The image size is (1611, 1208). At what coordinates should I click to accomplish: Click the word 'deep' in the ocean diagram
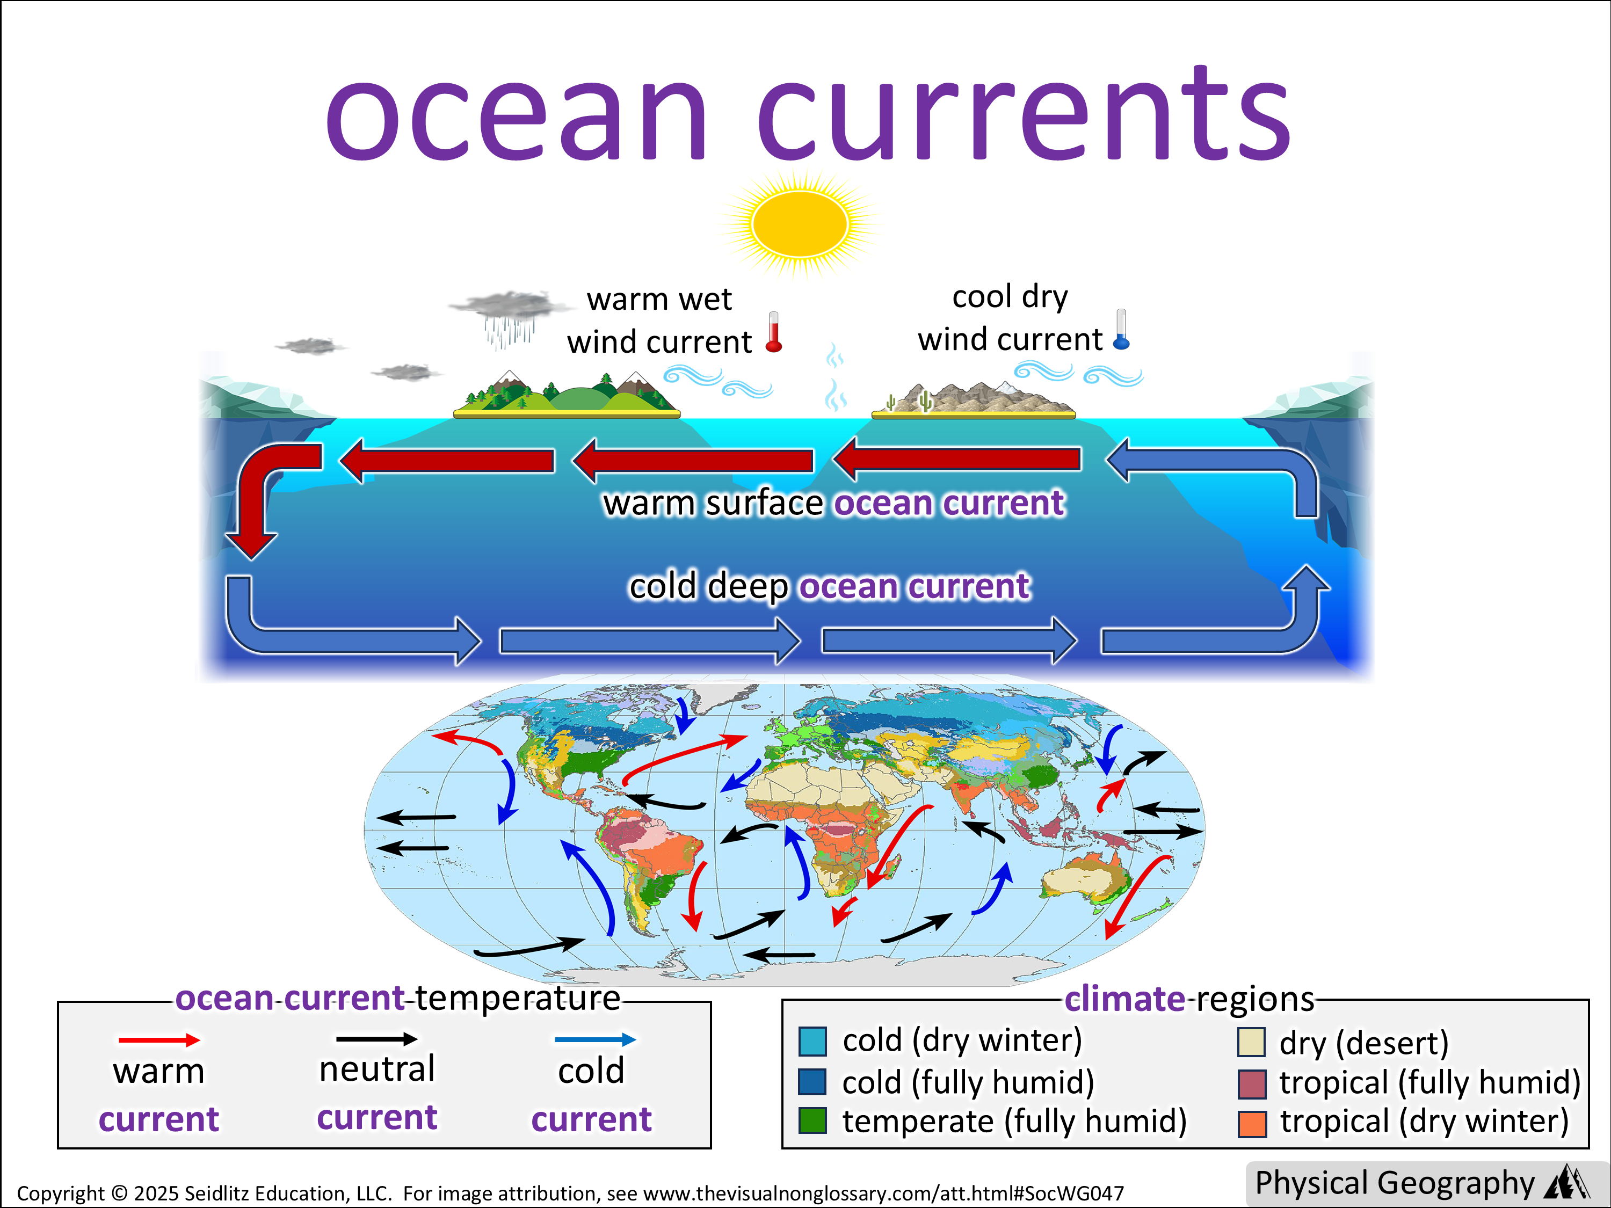[x=748, y=587]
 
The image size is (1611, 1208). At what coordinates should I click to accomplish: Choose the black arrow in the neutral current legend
[x=376, y=1039]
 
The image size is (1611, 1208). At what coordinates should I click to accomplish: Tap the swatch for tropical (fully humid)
[x=1251, y=1083]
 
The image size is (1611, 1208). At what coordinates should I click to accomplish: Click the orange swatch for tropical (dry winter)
[x=1251, y=1123]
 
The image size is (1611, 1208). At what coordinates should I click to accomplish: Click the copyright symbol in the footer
[x=119, y=1194]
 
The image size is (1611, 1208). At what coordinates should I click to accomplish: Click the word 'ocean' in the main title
[x=516, y=115]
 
